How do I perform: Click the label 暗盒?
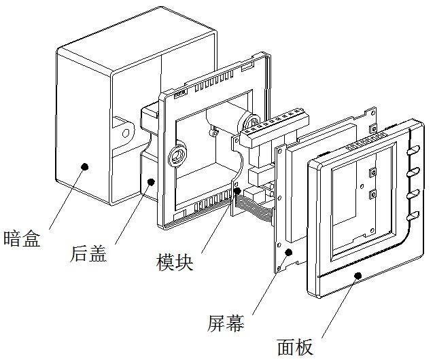coord(22,238)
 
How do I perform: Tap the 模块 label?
coord(174,261)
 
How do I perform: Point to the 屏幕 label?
coord(226,322)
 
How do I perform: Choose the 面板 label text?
coord(295,346)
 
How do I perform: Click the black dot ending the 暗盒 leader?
coord(84,166)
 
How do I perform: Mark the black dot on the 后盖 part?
coord(150,181)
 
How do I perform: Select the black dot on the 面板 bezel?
coord(358,275)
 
